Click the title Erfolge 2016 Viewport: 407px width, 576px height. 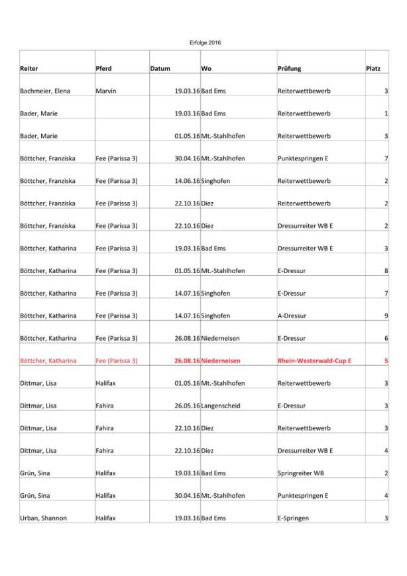point(205,43)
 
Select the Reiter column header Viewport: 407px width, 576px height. point(29,68)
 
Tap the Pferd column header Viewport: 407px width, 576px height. point(103,68)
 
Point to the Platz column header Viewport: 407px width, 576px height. point(373,68)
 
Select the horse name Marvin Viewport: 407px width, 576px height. point(106,91)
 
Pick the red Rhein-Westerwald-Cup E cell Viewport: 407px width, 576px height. point(314,361)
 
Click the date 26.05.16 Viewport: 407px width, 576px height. point(187,406)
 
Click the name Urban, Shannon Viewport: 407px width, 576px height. point(43,518)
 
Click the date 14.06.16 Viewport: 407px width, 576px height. point(187,181)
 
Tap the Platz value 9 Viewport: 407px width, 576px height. point(386,316)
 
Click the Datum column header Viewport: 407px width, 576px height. point(160,68)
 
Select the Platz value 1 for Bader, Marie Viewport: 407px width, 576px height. point(386,113)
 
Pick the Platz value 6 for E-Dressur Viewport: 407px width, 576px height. point(386,338)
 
